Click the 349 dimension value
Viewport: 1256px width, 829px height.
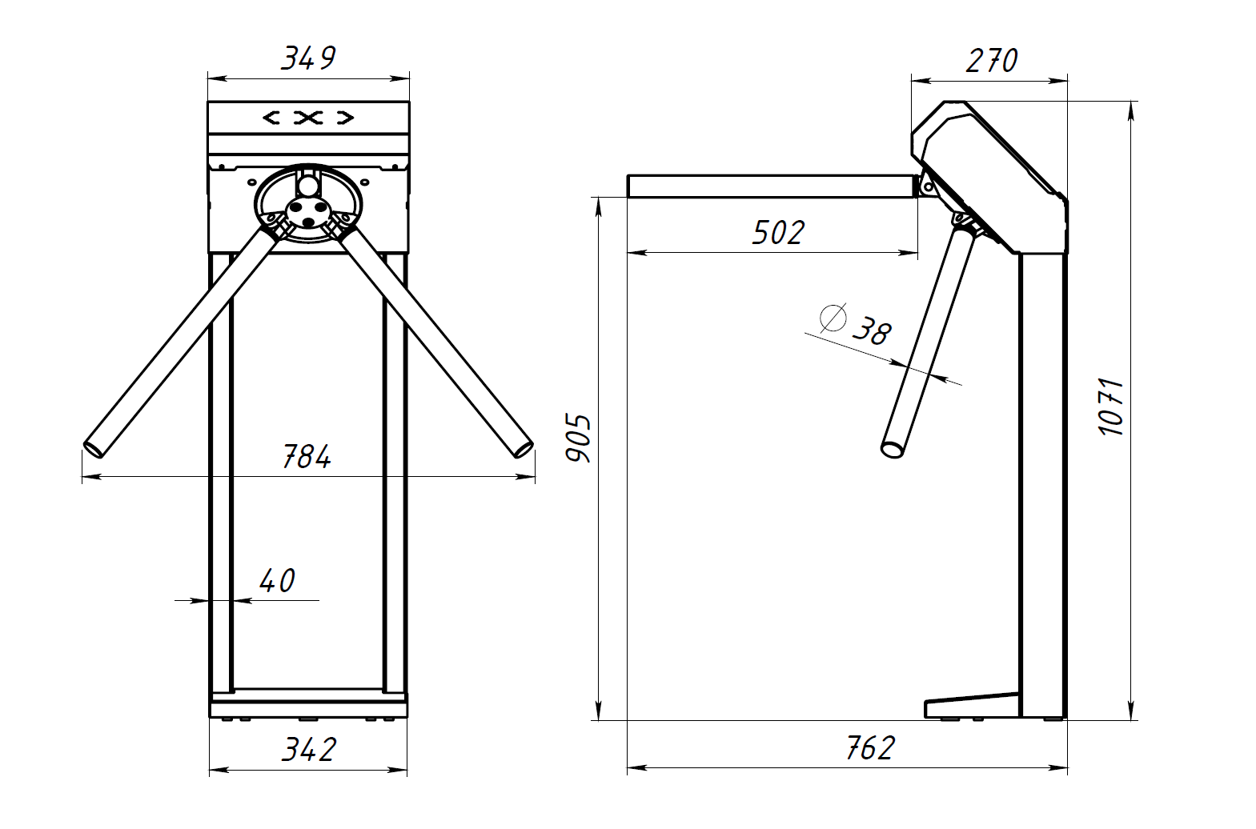(x=308, y=58)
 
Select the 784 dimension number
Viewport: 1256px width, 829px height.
(x=307, y=456)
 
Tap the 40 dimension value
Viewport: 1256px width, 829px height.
(x=277, y=581)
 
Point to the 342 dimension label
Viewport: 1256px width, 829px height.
(x=308, y=750)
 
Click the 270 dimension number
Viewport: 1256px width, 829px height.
(x=991, y=61)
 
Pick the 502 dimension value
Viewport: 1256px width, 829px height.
(x=778, y=233)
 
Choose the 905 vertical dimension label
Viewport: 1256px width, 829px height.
(x=578, y=439)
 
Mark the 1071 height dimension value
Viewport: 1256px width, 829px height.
(x=1111, y=407)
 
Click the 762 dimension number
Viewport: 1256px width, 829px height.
(x=871, y=747)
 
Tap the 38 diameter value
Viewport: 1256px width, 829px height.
(x=872, y=332)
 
